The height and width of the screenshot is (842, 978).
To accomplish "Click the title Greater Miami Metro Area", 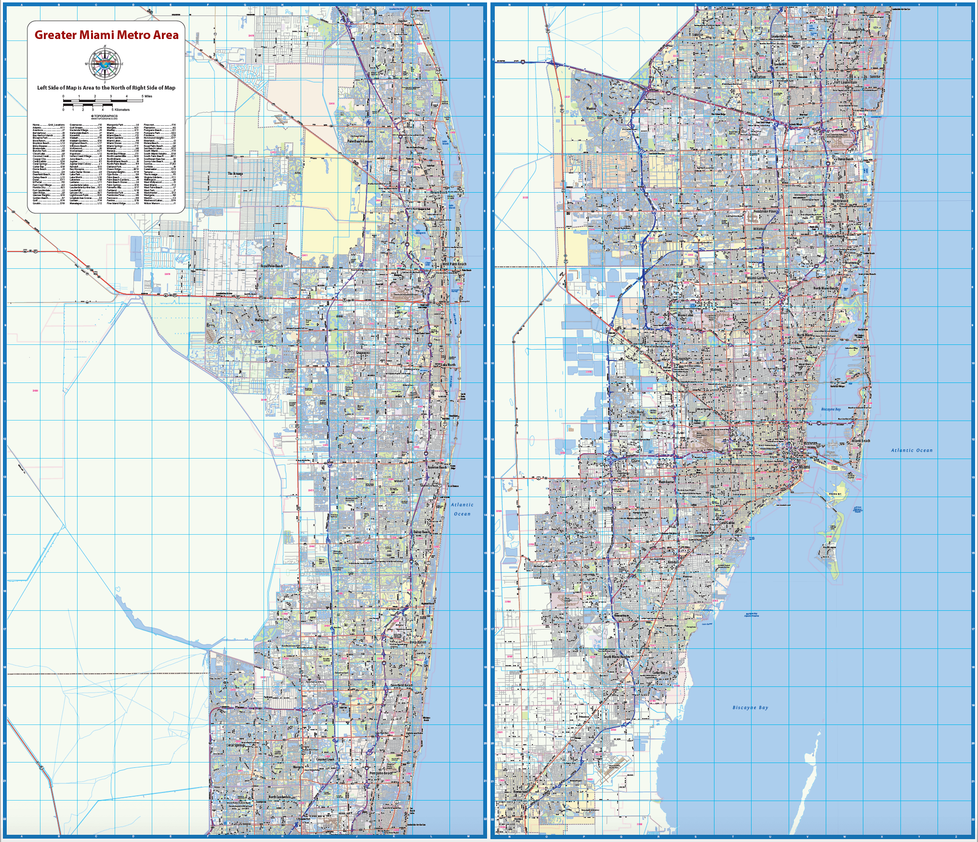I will [106, 35].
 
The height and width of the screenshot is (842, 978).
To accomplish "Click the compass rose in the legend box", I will [105, 64].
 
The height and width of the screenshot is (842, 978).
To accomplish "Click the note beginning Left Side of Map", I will [106, 88].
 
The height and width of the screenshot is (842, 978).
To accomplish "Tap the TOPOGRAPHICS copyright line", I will [105, 116].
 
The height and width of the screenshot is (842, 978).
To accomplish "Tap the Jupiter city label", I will [402, 21].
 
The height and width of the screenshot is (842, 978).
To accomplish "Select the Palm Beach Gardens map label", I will [360, 141].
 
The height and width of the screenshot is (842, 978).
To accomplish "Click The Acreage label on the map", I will [235, 173].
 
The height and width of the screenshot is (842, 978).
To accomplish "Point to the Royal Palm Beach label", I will [272, 266].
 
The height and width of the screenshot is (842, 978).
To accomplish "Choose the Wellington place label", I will [262, 320].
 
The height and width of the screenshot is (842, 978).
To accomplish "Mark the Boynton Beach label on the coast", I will [437, 467].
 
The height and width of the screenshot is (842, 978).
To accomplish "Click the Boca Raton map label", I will [418, 642].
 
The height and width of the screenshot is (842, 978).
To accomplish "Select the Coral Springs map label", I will [236, 745].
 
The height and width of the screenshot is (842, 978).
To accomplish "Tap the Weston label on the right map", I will [591, 108].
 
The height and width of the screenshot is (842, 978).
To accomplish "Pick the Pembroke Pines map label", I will [765, 211].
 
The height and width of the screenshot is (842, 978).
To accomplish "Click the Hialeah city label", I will [715, 370].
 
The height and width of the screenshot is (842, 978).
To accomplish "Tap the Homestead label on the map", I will [520, 791].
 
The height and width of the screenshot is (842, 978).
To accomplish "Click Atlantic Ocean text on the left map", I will [462, 509].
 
